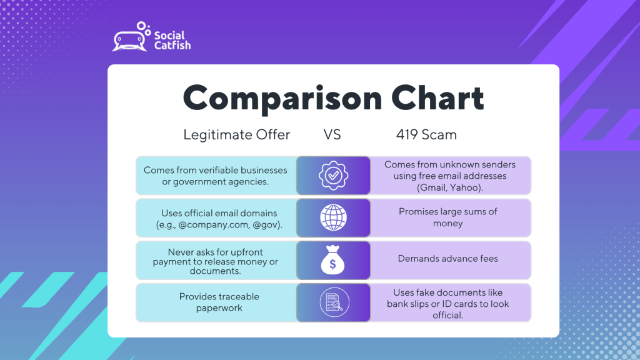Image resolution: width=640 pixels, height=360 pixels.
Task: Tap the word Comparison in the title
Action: coord(282,98)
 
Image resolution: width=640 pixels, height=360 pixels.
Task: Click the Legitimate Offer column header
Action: coord(236,135)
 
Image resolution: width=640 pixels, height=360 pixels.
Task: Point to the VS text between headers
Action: coord(332,135)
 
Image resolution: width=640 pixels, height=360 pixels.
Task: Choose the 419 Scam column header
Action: coord(426,135)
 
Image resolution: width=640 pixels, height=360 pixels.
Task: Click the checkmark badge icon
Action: coord(334,176)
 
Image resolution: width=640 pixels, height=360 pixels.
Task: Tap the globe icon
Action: coord(334,217)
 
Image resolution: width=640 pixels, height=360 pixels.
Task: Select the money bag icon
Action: coord(332,259)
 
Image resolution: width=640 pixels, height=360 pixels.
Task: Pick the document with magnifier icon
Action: coord(334,302)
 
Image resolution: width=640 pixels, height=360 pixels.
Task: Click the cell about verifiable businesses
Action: coord(216,176)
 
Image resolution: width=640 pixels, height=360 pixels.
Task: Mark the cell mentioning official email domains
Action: coord(216,218)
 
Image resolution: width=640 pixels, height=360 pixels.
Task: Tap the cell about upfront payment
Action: coord(216,261)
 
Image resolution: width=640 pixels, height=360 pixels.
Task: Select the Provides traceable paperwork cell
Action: coord(216,303)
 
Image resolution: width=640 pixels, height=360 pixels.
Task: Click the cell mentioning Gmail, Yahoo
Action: coord(450,176)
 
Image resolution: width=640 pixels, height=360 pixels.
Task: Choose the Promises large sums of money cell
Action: coord(450,218)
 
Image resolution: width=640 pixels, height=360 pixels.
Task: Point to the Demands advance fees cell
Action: coord(450,261)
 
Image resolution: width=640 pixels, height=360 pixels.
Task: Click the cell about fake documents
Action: coord(450,303)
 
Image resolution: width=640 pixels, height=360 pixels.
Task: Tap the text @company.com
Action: coord(214,224)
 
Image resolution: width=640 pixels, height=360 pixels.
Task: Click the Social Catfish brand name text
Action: coord(172,41)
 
